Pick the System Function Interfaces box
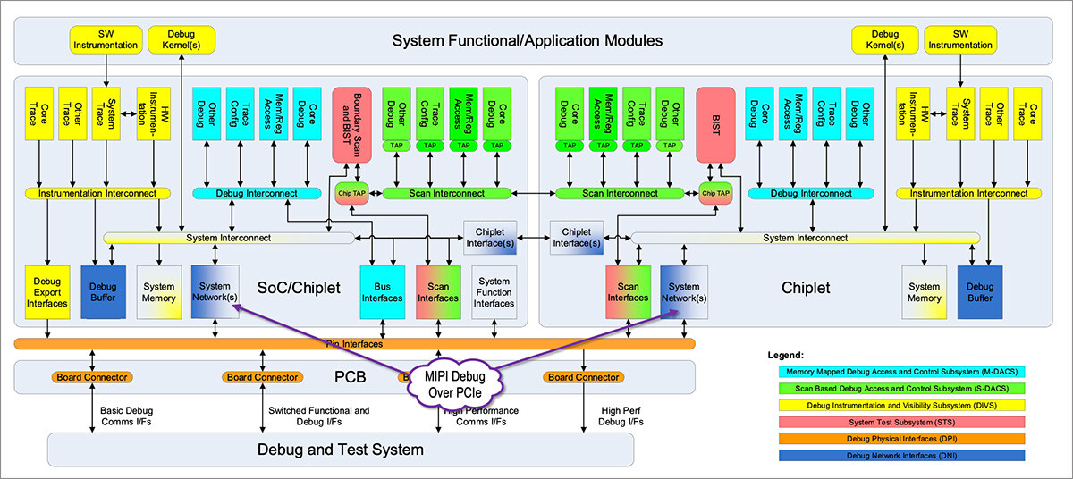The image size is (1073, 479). [x=494, y=291]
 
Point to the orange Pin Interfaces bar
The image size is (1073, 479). [x=354, y=343]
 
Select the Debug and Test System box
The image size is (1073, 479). [x=340, y=449]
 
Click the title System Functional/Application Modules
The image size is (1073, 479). [x=528, y=40]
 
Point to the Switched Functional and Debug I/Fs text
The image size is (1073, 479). [x=318, y=416]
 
